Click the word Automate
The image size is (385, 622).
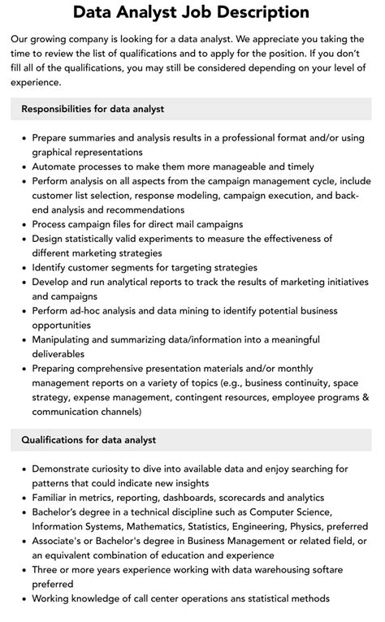click(58, 166)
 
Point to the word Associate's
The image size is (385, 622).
click(63, 541)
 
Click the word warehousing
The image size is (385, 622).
click(272, 570)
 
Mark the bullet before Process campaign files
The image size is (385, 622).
click(23, 224)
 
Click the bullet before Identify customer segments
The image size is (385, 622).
click(23, 267)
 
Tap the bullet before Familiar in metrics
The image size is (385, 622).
click(23, 497)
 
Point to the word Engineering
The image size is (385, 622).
click(248, 526)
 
